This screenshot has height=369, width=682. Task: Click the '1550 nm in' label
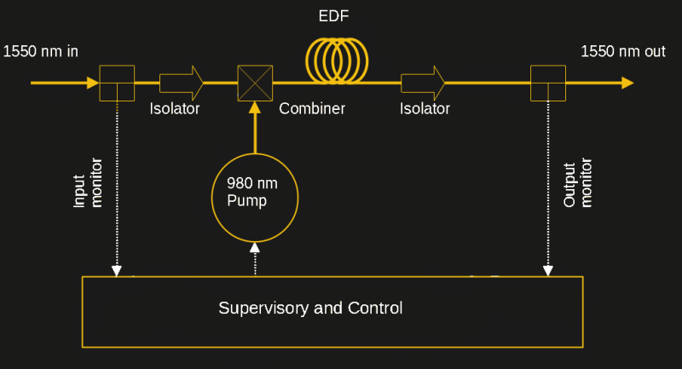41,51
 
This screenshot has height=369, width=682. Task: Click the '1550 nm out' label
622,51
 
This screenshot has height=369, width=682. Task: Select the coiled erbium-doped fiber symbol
338,61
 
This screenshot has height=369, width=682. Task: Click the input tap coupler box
117,83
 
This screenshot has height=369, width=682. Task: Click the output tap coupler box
547,83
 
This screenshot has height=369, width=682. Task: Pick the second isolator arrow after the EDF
423,83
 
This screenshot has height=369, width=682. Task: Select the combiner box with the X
254,83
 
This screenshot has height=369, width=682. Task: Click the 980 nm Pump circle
254,197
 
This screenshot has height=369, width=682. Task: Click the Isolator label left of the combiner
175,109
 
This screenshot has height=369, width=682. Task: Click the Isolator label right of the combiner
425,109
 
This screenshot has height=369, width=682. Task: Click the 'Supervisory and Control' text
310,308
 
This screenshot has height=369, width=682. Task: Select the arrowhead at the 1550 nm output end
627,83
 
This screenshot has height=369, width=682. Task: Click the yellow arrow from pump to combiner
254,128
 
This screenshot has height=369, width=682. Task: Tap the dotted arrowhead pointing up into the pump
254,247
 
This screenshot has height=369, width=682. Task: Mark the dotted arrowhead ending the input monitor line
117,271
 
